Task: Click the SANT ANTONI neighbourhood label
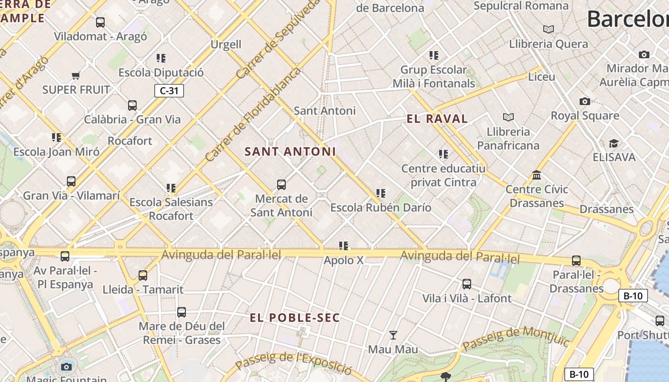click(x=290, y=151)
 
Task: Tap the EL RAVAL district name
click(x=437, y=119)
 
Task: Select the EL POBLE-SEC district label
click(x=295, y=318)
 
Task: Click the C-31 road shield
click(x=169, y=90)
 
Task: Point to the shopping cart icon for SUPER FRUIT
click(x=76, y=75)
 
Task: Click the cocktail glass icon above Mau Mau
click(x=393, y=335)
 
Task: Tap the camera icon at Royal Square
click(x=584, y=101)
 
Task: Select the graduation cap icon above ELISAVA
click(x=614, y=143)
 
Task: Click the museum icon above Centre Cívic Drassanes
click(x=537, y=175)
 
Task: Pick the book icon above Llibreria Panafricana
click(x=508, y=117)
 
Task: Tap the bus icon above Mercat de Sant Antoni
click(x=281, y=184)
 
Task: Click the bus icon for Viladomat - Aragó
click(x=100, y=22)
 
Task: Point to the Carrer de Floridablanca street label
click(x=253, y=114)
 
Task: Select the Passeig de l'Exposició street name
click(x=293, y=363)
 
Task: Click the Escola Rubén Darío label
click(x=380, y=208)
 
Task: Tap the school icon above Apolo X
click(x=343, y=246)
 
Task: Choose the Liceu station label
click(x=542, y=77)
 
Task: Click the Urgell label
click(x=226, y=44)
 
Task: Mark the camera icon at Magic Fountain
click(x=66, y=367)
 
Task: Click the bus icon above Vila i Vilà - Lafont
click(x=467, y=284)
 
